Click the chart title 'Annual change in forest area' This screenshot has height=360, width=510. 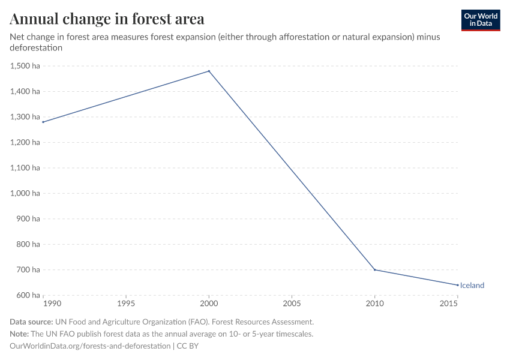[107, 19]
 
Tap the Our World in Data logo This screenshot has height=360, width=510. [480, 20]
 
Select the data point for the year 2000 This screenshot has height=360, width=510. [209, 71]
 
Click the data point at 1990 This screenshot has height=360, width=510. [43, 122]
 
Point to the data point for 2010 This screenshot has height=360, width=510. [375, 269]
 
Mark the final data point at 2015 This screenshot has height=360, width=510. [458, 285]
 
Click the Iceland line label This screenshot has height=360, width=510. [472, 286]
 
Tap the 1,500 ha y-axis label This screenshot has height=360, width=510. [25, 66]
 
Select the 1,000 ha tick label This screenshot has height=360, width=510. [25, 193]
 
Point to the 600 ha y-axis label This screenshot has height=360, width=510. [28, 295]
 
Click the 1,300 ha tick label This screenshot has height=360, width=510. [25, 117]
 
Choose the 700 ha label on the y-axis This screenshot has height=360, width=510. [28, 269]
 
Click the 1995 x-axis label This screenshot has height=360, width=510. [126, 305]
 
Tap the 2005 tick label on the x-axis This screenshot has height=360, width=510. [292, 305]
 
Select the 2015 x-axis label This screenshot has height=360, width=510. [457, 305]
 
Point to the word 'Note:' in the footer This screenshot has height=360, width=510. [20, 334]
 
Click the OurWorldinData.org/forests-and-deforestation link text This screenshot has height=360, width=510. [90, 346]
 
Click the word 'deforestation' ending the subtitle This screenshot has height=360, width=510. [36, 47]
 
